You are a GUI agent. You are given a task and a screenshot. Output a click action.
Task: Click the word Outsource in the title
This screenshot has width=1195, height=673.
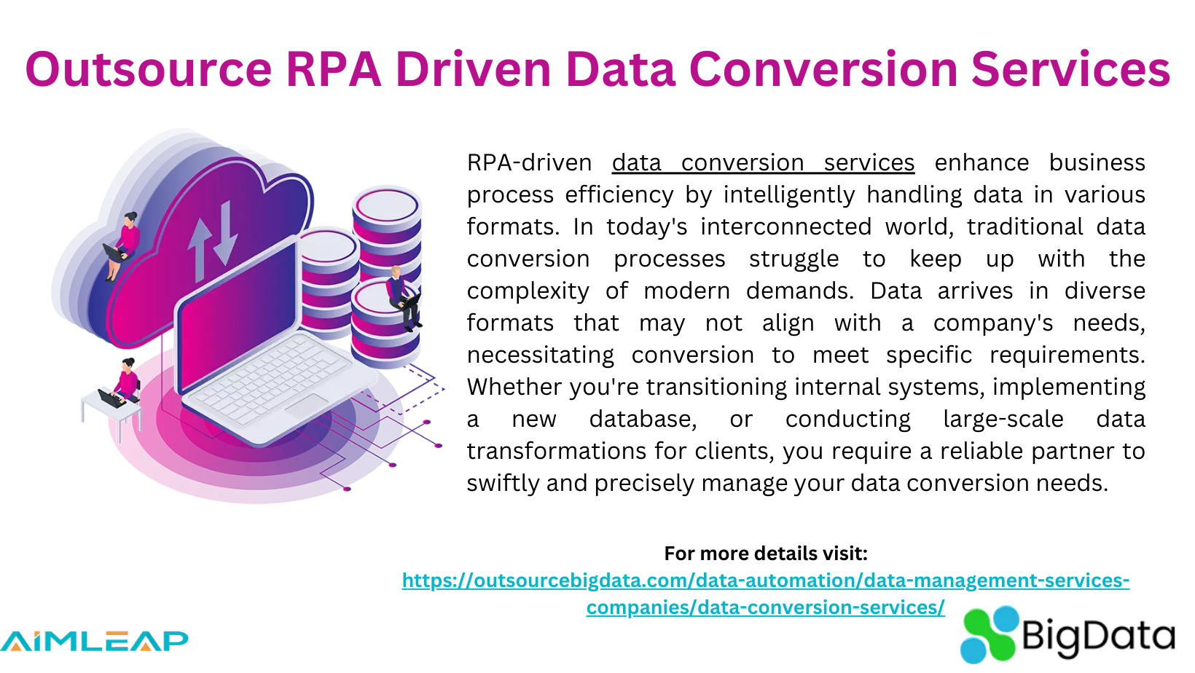pyautogui.click(x=148, y=69)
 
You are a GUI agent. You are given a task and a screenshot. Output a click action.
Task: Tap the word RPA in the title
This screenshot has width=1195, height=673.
pyautogui.click(x=333, y=69)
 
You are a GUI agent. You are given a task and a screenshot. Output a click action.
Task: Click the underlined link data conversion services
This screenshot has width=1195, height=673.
pyautogui.click(x=763, y=162)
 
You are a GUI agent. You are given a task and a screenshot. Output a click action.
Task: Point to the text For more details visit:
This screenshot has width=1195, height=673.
pyautogui.click(x=765, y=554)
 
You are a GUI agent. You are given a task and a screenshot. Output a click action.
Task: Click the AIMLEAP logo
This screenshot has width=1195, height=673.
pyautogui.click(x=94, y=641)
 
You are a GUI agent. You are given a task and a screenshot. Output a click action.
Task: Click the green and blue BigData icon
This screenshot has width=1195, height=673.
pyautogui.click(x=987, y=634)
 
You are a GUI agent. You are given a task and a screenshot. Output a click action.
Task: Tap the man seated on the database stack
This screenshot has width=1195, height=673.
pyautogui.click(x=402, y=295)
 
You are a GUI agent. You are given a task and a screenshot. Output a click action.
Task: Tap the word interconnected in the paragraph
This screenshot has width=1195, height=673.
pyautogui.click(x=785, y=227)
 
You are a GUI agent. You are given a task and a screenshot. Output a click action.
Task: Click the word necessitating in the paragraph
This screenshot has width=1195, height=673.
pyautogui.click(x=540, y=355)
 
